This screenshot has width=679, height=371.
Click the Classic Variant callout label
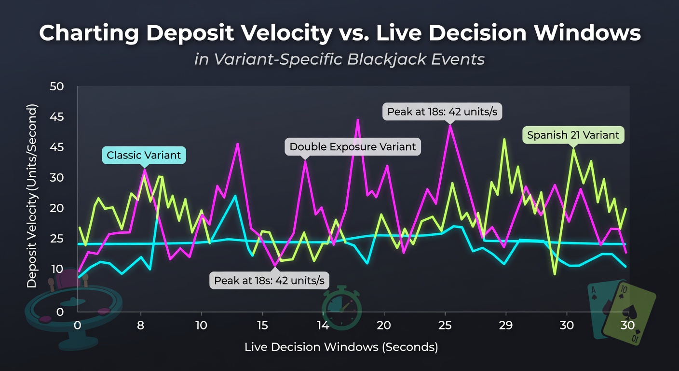pos(144,155)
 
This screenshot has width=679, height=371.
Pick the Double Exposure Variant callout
pos(353,147)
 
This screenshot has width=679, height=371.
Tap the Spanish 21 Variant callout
pos(573,135)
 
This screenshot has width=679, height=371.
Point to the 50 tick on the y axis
pos(57,86)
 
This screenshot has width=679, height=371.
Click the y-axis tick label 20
pos(57,208)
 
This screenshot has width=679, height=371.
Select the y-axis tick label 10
pos(57,269)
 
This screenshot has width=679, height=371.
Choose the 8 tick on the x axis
pos(140,326)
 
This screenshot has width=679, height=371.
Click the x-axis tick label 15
pos(262,326)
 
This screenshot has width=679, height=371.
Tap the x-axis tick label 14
pos(323,326)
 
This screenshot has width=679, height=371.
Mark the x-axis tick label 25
pos(445,326)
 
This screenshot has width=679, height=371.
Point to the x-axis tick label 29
pos(506,326)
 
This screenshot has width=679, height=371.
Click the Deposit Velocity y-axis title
pos(31,196)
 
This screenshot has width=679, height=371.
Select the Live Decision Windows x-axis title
pos(341,347)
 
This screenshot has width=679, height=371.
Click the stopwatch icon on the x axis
pos(341,308)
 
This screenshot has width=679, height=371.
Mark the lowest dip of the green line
pos(555,274)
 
